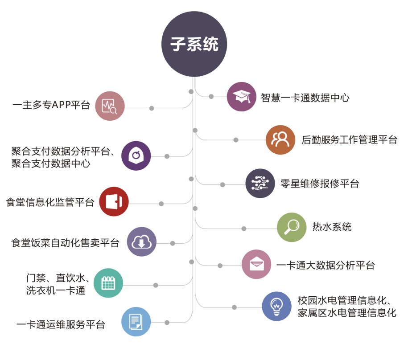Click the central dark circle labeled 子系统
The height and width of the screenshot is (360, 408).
click(194, 44)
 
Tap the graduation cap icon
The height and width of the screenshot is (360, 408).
click(241, 96)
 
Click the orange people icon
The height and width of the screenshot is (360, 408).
click(280, 140)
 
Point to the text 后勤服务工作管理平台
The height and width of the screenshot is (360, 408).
click(349, 140)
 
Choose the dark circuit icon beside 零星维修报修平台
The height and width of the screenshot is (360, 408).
click(260, 183)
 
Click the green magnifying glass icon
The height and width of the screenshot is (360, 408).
click(292, 227)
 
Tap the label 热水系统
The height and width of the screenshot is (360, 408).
click(332, 227)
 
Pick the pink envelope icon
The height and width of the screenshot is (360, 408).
click(256, 265)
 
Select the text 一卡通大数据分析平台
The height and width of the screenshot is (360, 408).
click(326, 266)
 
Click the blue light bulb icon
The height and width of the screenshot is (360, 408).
click(276, 306)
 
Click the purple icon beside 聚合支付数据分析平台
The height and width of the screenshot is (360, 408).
click(136, 156)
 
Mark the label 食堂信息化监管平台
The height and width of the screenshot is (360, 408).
click(50, 203)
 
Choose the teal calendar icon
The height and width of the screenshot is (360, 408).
click(109, 283)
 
